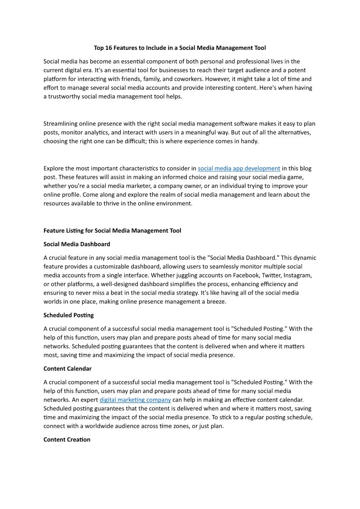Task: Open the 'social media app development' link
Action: [x=239, y=168]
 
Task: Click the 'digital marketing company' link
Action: [x=135, y=399]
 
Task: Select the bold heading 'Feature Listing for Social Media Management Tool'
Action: [x=112, y=231]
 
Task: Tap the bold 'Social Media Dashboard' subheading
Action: [x=77, y=244]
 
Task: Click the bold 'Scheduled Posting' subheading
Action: [x=68, y=315]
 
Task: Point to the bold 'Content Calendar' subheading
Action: [x=68, y=368]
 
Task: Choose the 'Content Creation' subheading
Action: [x=67, y=440]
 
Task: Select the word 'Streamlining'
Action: [x=60, y=123]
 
